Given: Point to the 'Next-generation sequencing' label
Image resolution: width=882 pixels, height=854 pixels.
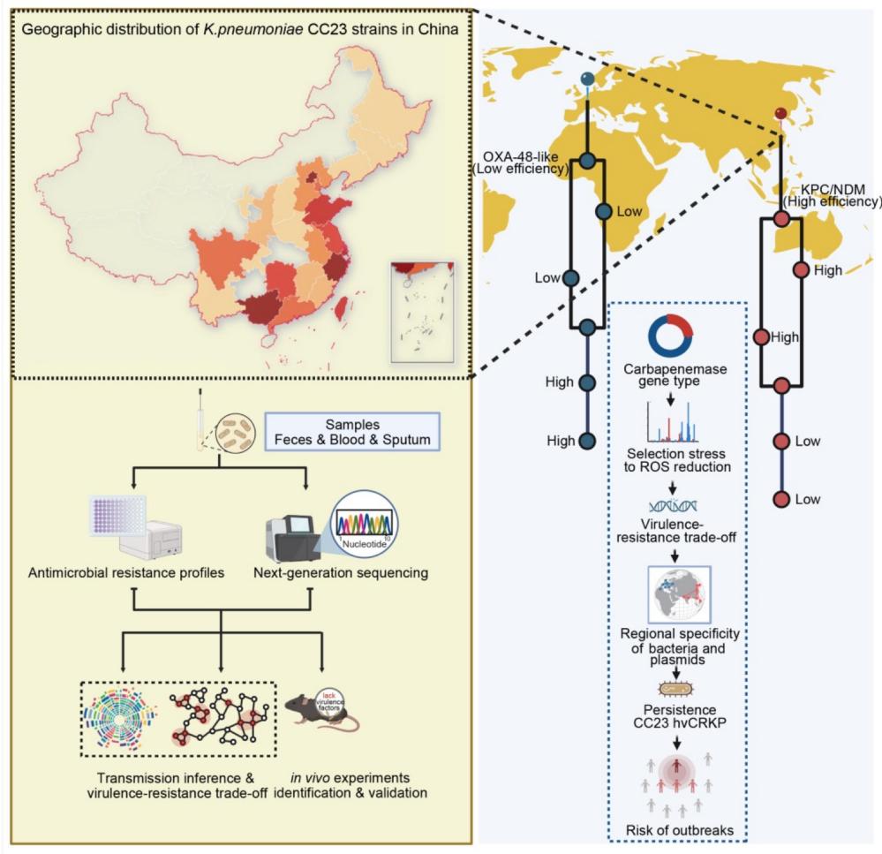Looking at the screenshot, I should [353, 572].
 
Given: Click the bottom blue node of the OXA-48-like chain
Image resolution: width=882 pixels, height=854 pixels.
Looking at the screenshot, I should [588, 440].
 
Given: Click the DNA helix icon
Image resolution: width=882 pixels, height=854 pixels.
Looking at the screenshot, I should [674, 505].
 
